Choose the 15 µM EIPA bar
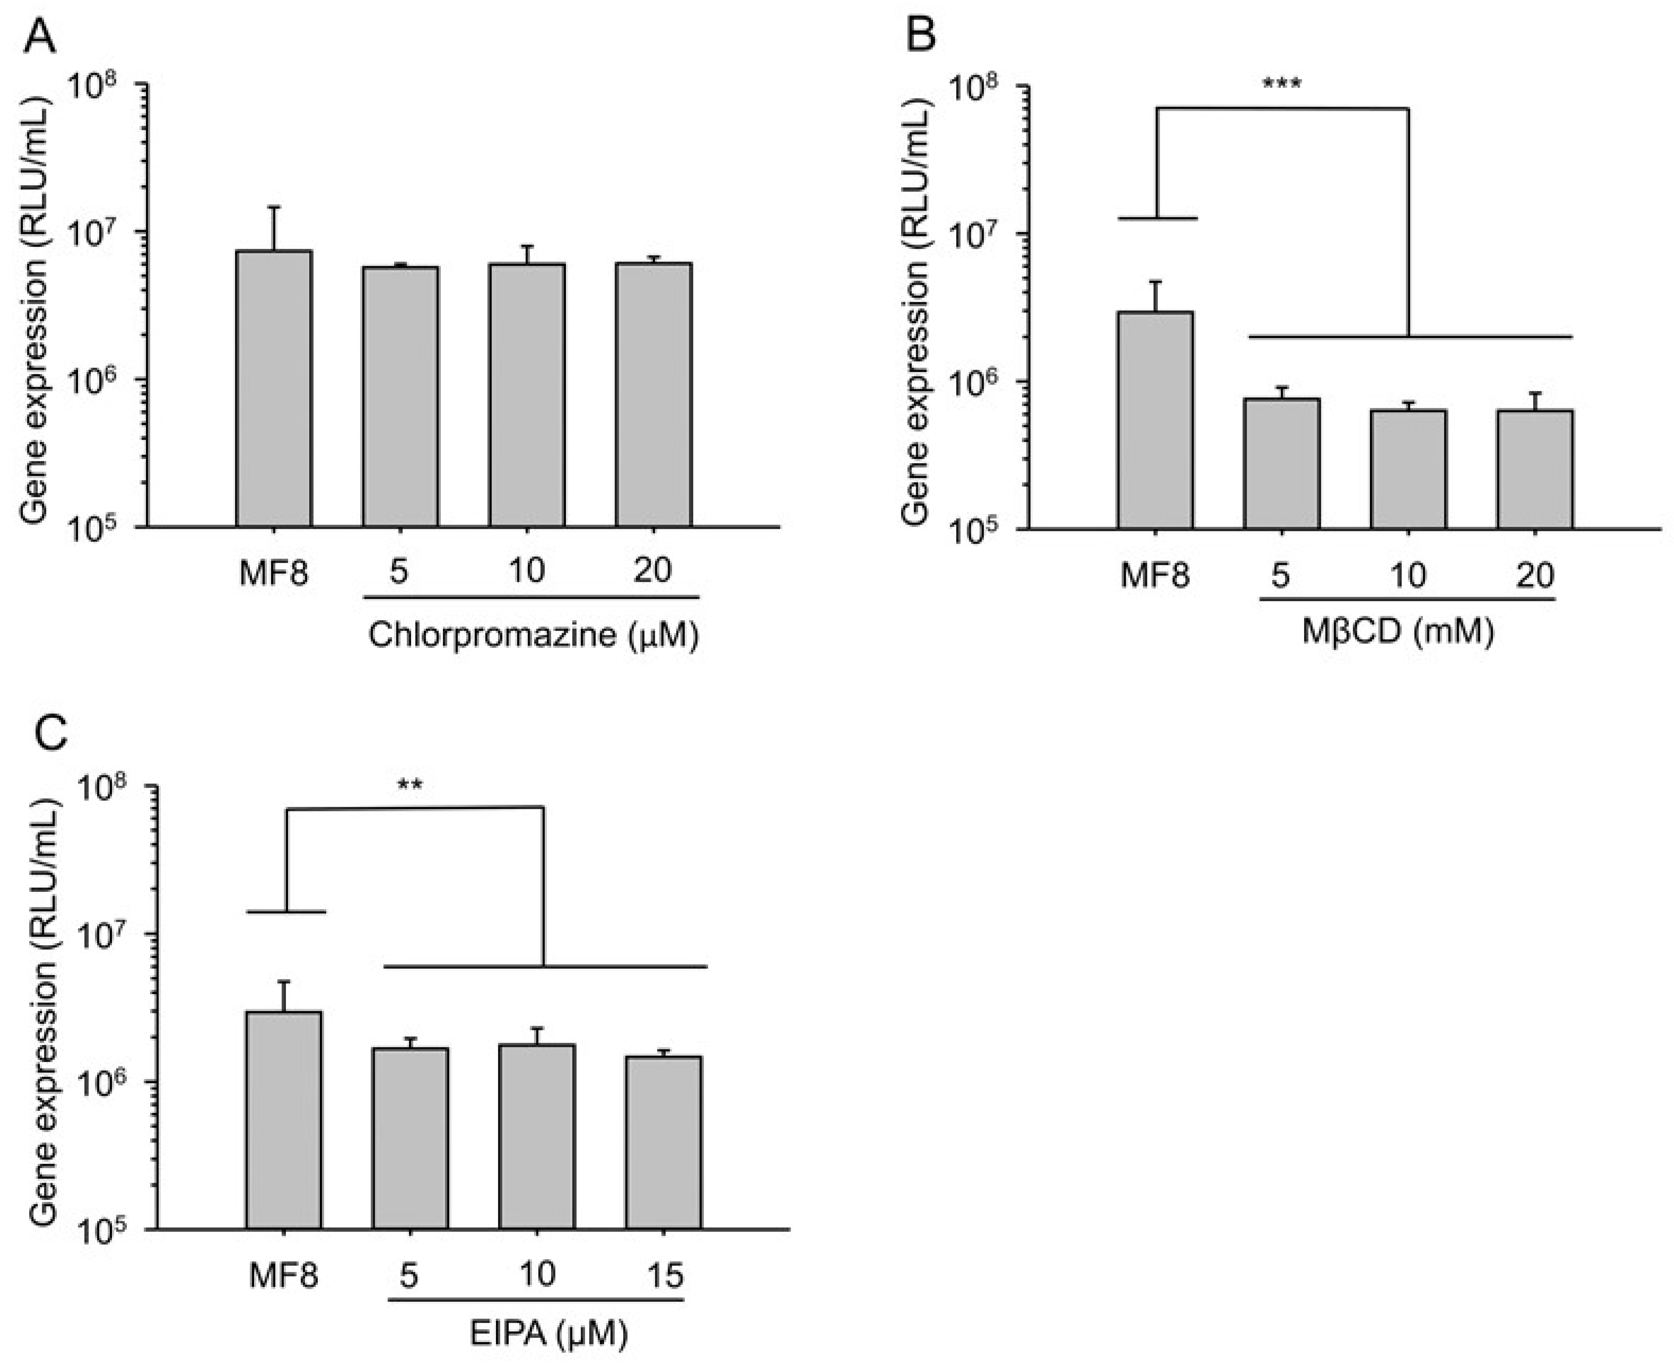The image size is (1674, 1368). click(663, 1143)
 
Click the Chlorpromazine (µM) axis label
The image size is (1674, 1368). click(533, 635)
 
